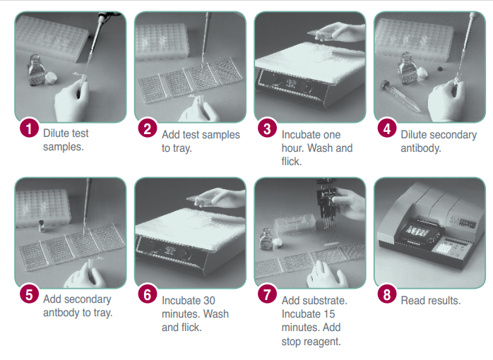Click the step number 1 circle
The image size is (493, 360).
29,128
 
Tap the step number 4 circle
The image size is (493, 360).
387,128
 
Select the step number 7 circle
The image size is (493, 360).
267,294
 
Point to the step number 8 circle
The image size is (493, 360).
387,294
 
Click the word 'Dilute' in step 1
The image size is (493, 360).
56,133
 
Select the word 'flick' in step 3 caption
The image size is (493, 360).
291,162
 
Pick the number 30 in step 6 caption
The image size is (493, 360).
209,301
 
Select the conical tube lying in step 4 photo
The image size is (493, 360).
400,96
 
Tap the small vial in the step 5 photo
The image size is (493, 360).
42,226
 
